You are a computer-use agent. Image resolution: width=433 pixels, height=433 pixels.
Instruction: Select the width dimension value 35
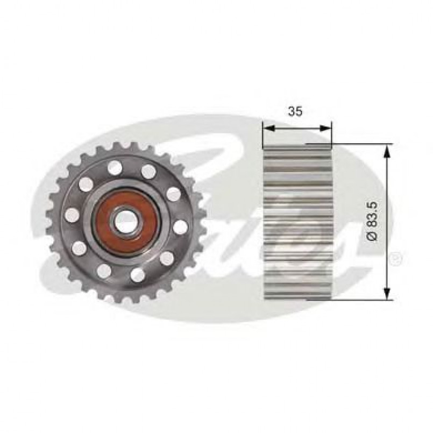point(295,111)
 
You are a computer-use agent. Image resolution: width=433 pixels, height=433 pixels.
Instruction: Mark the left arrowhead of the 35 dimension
point(267,129)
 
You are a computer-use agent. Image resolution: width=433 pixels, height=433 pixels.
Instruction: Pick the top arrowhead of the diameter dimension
point(386,149)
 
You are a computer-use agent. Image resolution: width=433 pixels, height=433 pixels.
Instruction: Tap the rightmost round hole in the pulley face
point(181,227)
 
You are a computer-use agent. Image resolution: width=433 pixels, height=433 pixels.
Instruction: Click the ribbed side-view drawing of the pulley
point(297,222)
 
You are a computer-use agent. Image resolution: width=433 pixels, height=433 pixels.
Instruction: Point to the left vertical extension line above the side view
point(262,134)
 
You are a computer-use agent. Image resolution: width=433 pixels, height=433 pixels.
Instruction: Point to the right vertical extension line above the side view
point(331,134)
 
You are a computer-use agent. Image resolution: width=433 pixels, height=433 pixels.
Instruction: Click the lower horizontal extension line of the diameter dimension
point(360,300)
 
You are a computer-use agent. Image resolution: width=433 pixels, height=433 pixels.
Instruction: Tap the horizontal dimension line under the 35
point(297,129)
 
